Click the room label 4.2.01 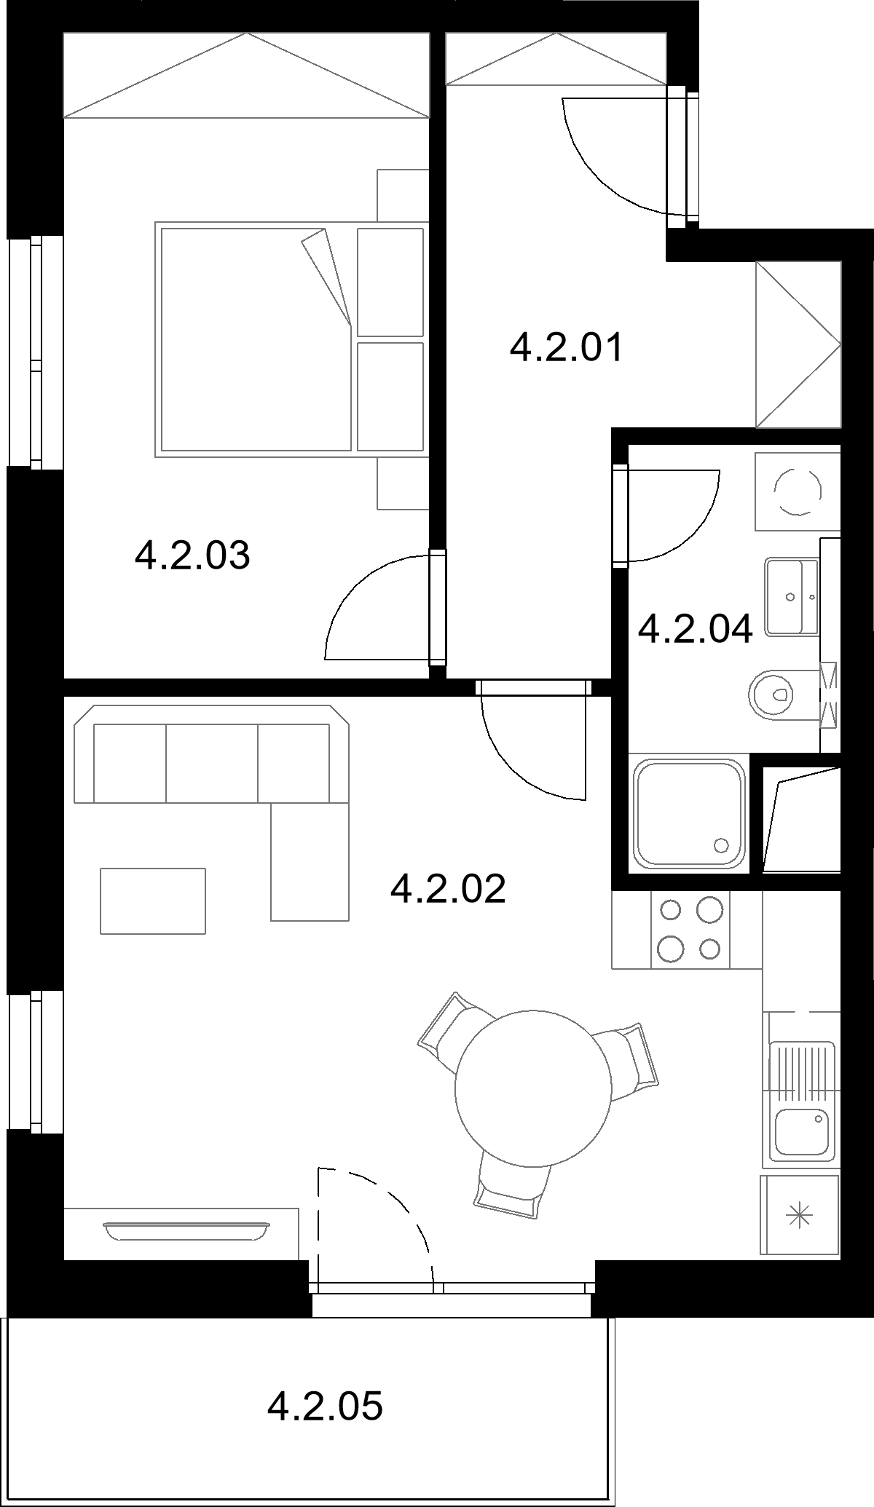point(567,347)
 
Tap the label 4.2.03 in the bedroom point(192,555)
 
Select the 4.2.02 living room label point(448,889)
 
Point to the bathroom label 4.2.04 point(695,629)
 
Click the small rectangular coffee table point(153,901)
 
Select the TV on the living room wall point(185,1230)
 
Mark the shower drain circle point(722,845)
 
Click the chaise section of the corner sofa point(310,862)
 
